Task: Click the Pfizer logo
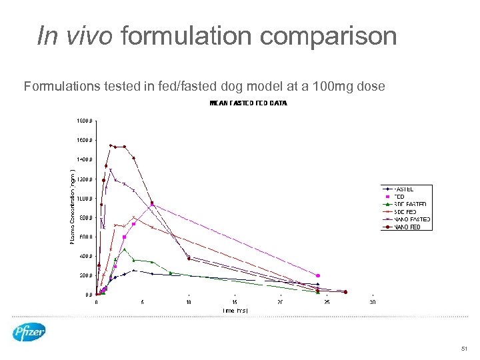(29, 331)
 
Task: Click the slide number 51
(464, 349)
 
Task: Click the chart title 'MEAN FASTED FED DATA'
(248, 103)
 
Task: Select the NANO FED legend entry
(406, 227)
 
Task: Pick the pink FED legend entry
(399, 197)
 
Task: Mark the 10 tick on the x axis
(189, 301)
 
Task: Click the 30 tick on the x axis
(372, 301)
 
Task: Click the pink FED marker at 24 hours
(318, 275)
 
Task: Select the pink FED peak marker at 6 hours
(152, 204)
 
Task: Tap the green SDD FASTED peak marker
(124, 249)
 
